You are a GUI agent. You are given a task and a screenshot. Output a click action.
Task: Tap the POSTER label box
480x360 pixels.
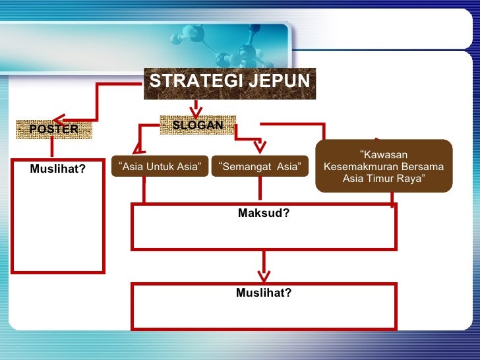[53, 129]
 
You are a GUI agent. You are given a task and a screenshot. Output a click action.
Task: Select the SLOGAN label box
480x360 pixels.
[197, 125]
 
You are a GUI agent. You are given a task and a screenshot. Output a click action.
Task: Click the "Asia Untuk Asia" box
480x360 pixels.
[160, 167]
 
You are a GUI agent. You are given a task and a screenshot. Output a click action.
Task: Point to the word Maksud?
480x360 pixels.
[264, 214]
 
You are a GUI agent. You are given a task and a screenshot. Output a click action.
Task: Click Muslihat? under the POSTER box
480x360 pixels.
[58, 168]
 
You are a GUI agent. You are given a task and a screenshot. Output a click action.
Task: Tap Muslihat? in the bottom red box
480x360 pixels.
[264, 293]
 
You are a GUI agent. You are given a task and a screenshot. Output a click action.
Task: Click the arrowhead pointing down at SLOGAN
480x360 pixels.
[196, 109]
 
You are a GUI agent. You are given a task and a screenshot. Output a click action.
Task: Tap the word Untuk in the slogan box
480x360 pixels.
[160, 167]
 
